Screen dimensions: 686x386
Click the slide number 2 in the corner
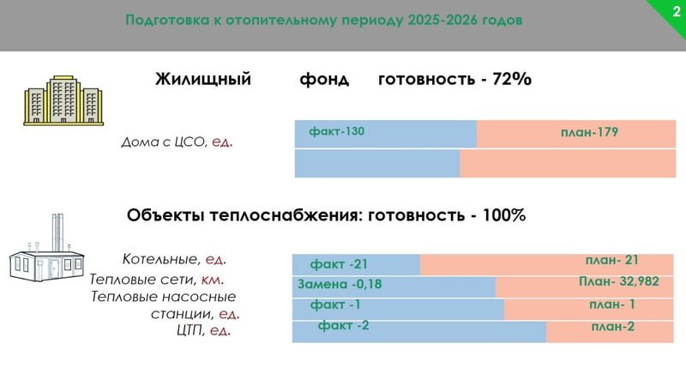point(677,11)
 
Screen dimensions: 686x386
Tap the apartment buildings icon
point(63,100)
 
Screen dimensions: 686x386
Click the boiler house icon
point(46,248)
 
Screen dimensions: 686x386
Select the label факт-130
point(336,131)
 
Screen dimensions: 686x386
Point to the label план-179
point(589,132)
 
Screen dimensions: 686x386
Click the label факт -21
point(339,264)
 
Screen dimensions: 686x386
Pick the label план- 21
point(612,260)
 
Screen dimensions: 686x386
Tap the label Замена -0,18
point(340,284)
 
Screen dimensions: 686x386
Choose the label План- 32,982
point(618,281)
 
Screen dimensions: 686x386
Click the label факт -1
point(335,305)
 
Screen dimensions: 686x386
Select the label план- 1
point(612,305)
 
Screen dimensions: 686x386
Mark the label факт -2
point(343,325)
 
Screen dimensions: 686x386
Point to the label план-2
point(612,327)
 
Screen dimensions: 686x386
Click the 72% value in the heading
point(512,79)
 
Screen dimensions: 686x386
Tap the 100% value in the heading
point(503,215)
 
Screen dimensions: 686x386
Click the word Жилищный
point(203,79)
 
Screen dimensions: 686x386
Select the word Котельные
point(160,259)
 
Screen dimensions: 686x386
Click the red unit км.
point(212,280)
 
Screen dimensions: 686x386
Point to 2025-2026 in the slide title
point(442,20)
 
